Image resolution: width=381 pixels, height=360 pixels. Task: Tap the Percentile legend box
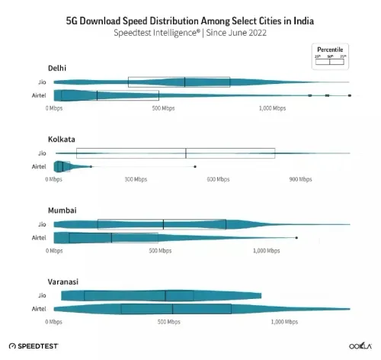[330, 58]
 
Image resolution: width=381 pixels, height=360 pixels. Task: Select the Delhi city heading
[56, 69]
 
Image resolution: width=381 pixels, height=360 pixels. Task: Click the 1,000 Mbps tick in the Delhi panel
[271, 109]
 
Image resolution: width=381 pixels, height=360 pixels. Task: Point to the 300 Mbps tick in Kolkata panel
[135, 180]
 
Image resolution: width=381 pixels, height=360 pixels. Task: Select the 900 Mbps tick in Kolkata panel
[299, 180]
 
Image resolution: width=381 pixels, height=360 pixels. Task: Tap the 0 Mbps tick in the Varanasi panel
[54, 322]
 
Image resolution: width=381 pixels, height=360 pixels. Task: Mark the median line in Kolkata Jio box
[186, 153]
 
